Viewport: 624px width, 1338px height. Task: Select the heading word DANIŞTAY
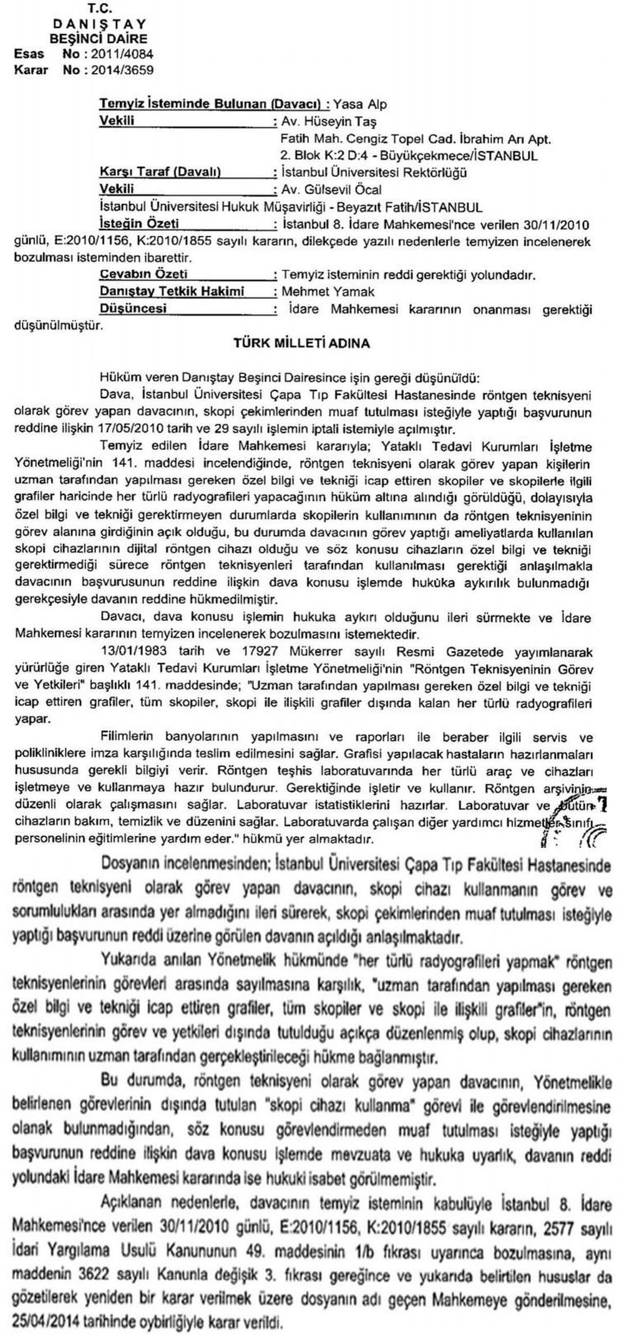click(x=99, y=24)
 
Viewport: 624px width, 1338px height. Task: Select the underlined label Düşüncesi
click(x=135, y=308)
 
